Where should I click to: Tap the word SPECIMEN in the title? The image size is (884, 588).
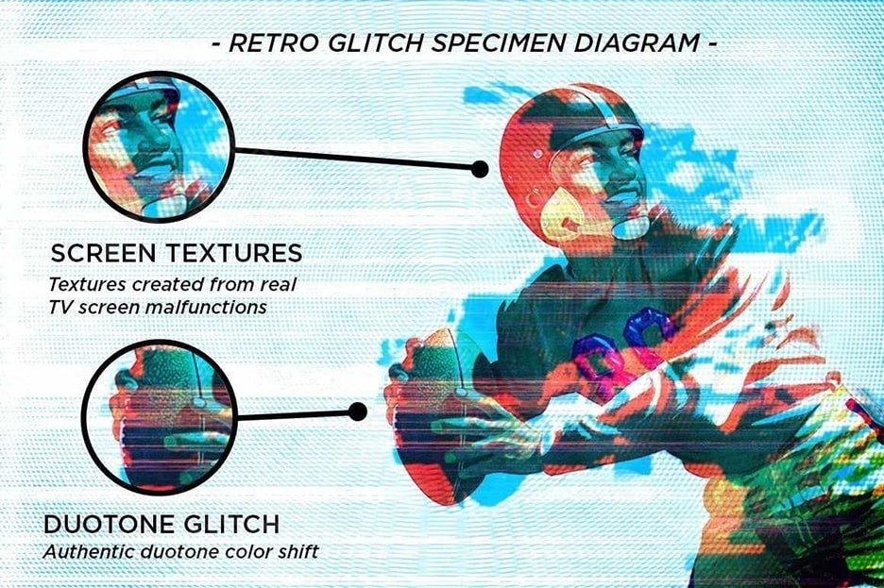point(499,44)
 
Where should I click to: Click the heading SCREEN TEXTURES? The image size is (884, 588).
point(177,254)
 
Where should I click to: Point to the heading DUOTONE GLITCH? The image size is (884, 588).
point(161,525)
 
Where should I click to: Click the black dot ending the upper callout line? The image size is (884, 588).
point(479,168)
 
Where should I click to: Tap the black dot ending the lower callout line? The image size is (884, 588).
point(357,412)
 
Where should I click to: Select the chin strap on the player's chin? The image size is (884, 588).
point(630,227)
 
